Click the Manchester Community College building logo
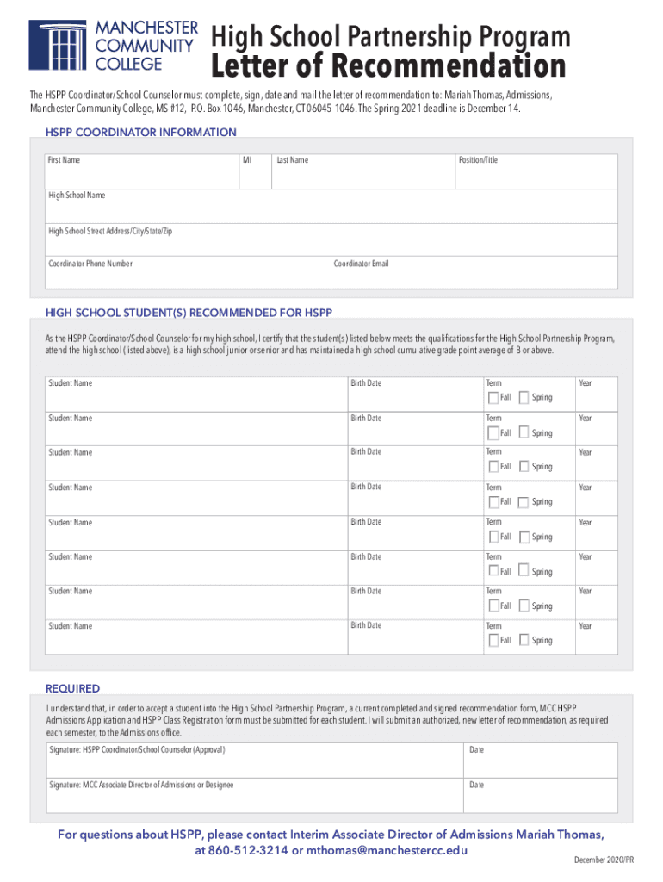(x=57, y=45)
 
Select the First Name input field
(x=141, y=171)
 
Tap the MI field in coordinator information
(x=254, y=171)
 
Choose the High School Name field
(x=331, y=207)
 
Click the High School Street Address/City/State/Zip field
(x=331, y=240)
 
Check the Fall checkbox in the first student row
(x=493, y=398)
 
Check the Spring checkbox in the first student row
(x=524, y=398)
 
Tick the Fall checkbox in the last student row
(x=493, y=641)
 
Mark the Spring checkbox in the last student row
(x=524, y=641)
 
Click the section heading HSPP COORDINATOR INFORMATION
(x=140, y=133)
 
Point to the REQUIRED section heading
(x=72, y=688)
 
